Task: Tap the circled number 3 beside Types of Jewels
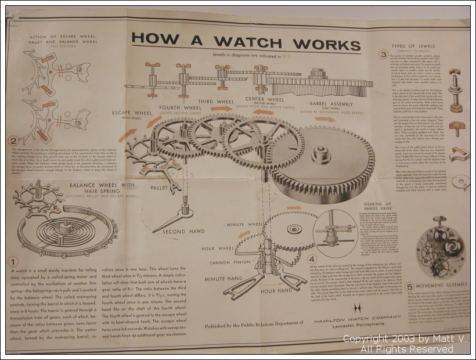click(x=383, y=55)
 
